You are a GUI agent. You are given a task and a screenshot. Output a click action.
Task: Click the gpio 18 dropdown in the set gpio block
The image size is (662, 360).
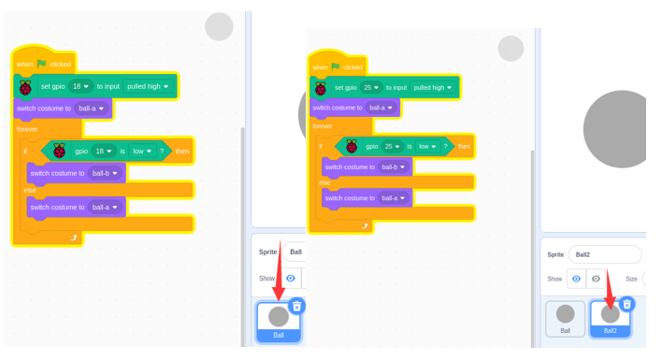80,87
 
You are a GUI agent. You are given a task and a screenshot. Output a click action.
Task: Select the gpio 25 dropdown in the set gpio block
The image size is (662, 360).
371,87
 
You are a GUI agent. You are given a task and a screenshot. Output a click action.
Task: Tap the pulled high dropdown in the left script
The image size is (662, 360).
148,87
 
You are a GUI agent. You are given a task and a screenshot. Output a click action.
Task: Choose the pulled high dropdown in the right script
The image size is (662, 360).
433,87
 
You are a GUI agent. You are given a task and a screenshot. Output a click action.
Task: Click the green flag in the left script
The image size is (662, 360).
41,64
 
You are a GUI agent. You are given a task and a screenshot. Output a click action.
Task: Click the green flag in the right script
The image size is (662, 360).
336,66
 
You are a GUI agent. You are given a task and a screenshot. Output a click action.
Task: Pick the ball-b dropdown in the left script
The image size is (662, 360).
105,173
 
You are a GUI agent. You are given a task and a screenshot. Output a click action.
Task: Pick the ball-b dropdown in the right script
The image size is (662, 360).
393,167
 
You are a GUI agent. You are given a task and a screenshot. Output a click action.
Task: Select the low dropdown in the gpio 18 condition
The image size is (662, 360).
142,151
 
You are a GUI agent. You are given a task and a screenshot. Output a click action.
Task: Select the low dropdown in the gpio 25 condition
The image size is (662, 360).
427,147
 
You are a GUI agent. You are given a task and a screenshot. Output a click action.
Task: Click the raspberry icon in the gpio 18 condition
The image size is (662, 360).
59,151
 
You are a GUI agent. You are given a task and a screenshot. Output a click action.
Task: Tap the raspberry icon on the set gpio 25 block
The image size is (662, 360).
321,88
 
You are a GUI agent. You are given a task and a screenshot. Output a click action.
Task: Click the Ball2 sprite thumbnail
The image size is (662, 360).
610,319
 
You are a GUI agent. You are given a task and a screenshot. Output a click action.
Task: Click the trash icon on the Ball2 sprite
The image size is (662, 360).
627,304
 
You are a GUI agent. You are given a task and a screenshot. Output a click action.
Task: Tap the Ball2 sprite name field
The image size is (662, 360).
605,254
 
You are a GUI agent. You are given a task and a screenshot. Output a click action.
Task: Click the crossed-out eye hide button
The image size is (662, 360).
596,279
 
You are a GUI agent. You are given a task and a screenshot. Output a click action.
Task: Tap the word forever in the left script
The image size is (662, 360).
27,129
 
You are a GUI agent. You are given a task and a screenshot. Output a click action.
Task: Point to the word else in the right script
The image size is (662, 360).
324,182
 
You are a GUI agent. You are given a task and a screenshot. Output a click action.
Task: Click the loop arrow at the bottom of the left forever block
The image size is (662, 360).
74,238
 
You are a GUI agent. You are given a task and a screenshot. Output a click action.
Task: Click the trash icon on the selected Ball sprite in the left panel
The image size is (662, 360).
296,306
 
